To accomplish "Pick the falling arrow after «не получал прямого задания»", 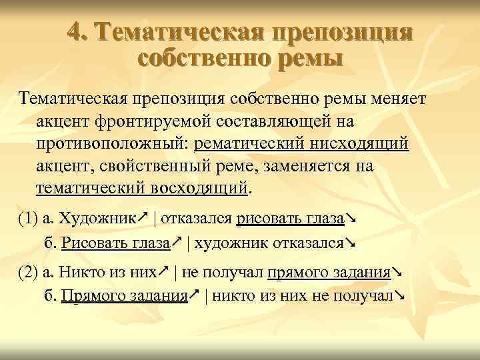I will (397, 271).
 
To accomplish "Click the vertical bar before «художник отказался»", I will (187, 245).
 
